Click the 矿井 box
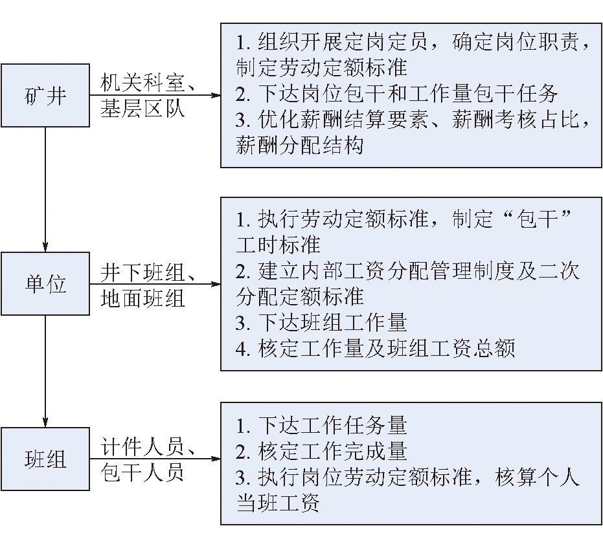point(45,95)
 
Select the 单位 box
point(45,284)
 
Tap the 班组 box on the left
point(45,459)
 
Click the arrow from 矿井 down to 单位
point(45,190)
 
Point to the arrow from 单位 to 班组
point(45,371)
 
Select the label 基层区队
point(142,109)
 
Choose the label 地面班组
point(142,298)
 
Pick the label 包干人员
point(142,472)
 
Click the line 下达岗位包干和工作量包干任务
point(396,93)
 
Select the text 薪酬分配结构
point(300,145)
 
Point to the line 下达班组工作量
point(321,322)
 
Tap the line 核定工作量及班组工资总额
point(375,348)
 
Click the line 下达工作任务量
point(321,425)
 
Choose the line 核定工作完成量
point(321,451)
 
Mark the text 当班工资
point(278,503)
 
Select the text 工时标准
point(278,245)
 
